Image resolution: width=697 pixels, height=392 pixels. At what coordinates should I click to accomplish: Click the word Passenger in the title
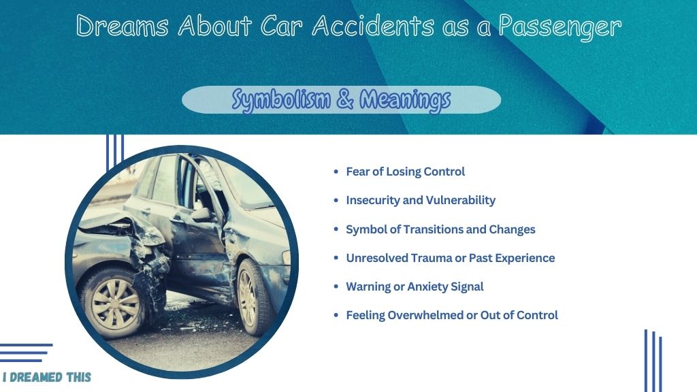coord(560,27)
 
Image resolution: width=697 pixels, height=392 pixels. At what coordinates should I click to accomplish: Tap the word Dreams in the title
coord(123,26)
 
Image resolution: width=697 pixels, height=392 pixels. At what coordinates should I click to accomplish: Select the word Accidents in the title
coord(373,26)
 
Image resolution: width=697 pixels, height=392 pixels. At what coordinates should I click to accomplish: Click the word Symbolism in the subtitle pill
coord(281,99)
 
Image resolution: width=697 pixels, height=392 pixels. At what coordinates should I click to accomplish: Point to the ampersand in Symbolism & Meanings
coord(345,99)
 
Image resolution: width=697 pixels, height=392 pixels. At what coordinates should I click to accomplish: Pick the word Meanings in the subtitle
coord(405,99)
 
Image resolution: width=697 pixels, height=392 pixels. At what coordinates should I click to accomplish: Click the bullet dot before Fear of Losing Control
coord(336,171)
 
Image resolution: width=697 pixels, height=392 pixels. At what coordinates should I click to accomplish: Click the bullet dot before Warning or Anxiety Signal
coord(336,287)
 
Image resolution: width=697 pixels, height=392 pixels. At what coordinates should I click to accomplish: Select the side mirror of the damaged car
coord(201,214)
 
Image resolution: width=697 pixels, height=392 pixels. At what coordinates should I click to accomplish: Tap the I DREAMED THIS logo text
coord(47,377)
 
